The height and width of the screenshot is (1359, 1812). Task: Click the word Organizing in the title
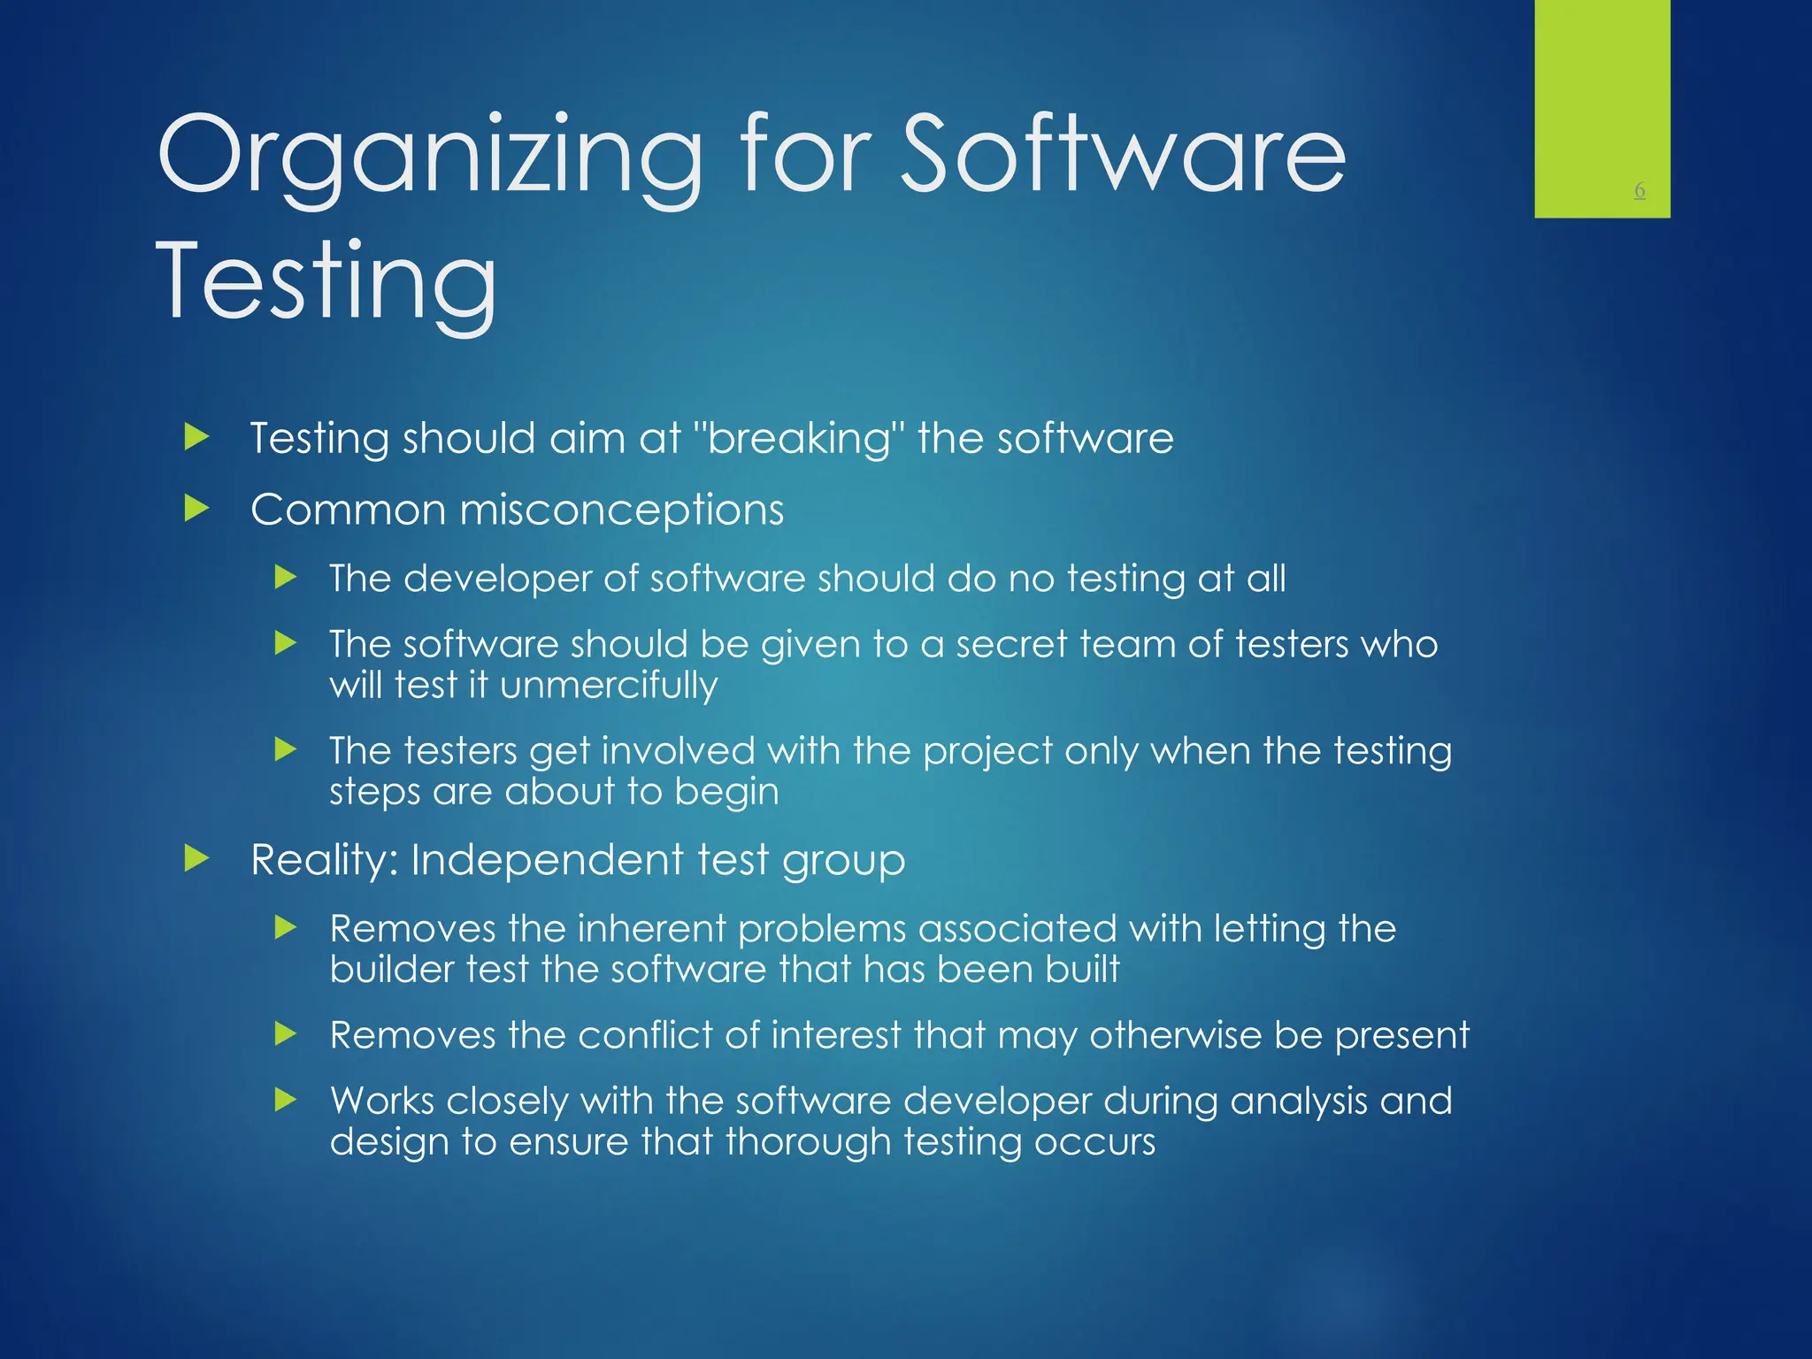click(429, 157)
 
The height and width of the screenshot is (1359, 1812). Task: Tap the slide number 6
click(1639, 190)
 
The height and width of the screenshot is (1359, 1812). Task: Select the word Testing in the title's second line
click(326, 281)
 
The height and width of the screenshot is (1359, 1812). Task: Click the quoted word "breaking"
click(800, 439)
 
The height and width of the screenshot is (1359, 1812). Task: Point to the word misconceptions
click(621, 511)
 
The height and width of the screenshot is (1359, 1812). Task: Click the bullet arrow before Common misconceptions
click(196, 509)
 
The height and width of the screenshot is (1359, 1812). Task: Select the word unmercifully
click(609, 685)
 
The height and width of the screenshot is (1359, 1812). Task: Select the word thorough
click(809, 1142)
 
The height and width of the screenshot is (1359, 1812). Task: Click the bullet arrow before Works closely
click(285, 1101)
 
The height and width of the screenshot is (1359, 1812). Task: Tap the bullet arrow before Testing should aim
click(196, 437)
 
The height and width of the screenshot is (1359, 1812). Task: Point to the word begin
click(726, 792)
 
